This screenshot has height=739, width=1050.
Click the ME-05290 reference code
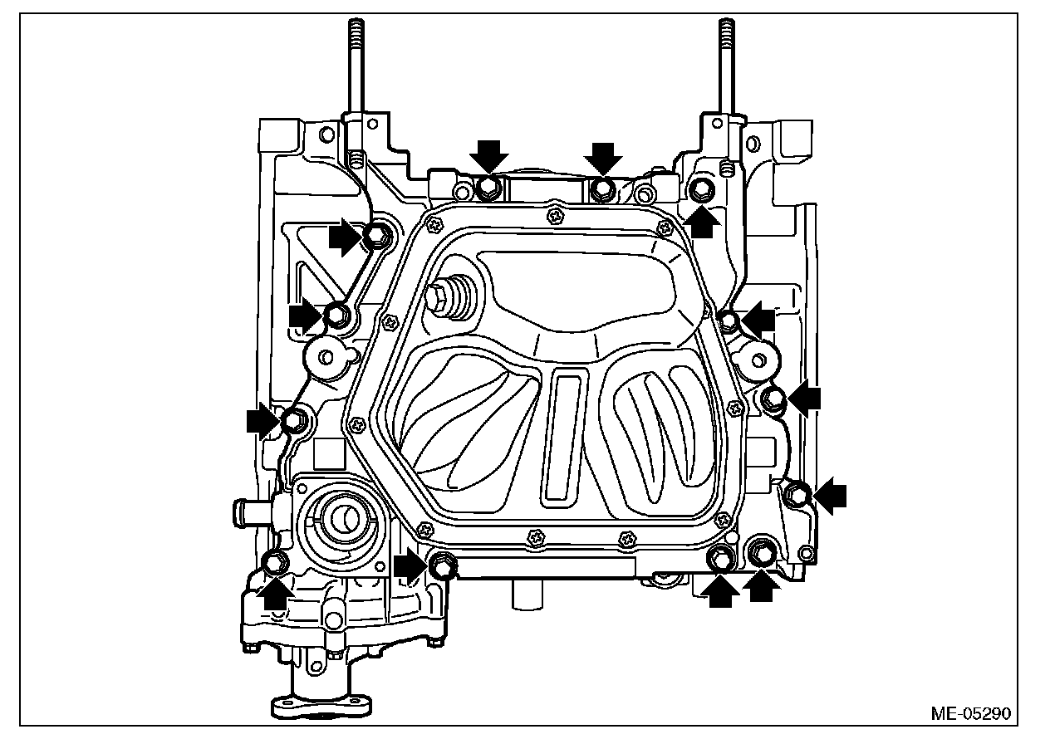(x=971, y=713)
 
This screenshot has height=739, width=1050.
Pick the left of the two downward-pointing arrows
(x=489, y=155)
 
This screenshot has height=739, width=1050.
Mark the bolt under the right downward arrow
(x=601, y=189)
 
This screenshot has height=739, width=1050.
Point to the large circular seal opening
(x=341, y=519)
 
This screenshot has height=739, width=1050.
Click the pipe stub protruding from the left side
(x=248, y=507)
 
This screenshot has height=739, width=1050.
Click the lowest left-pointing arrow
(x=830, y=496)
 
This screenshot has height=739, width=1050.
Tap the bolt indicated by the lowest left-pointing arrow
(x=798, y=494)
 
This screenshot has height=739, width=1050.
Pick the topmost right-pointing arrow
(x=345, y=237)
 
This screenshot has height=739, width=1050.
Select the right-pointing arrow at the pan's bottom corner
(x=410, y=567)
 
